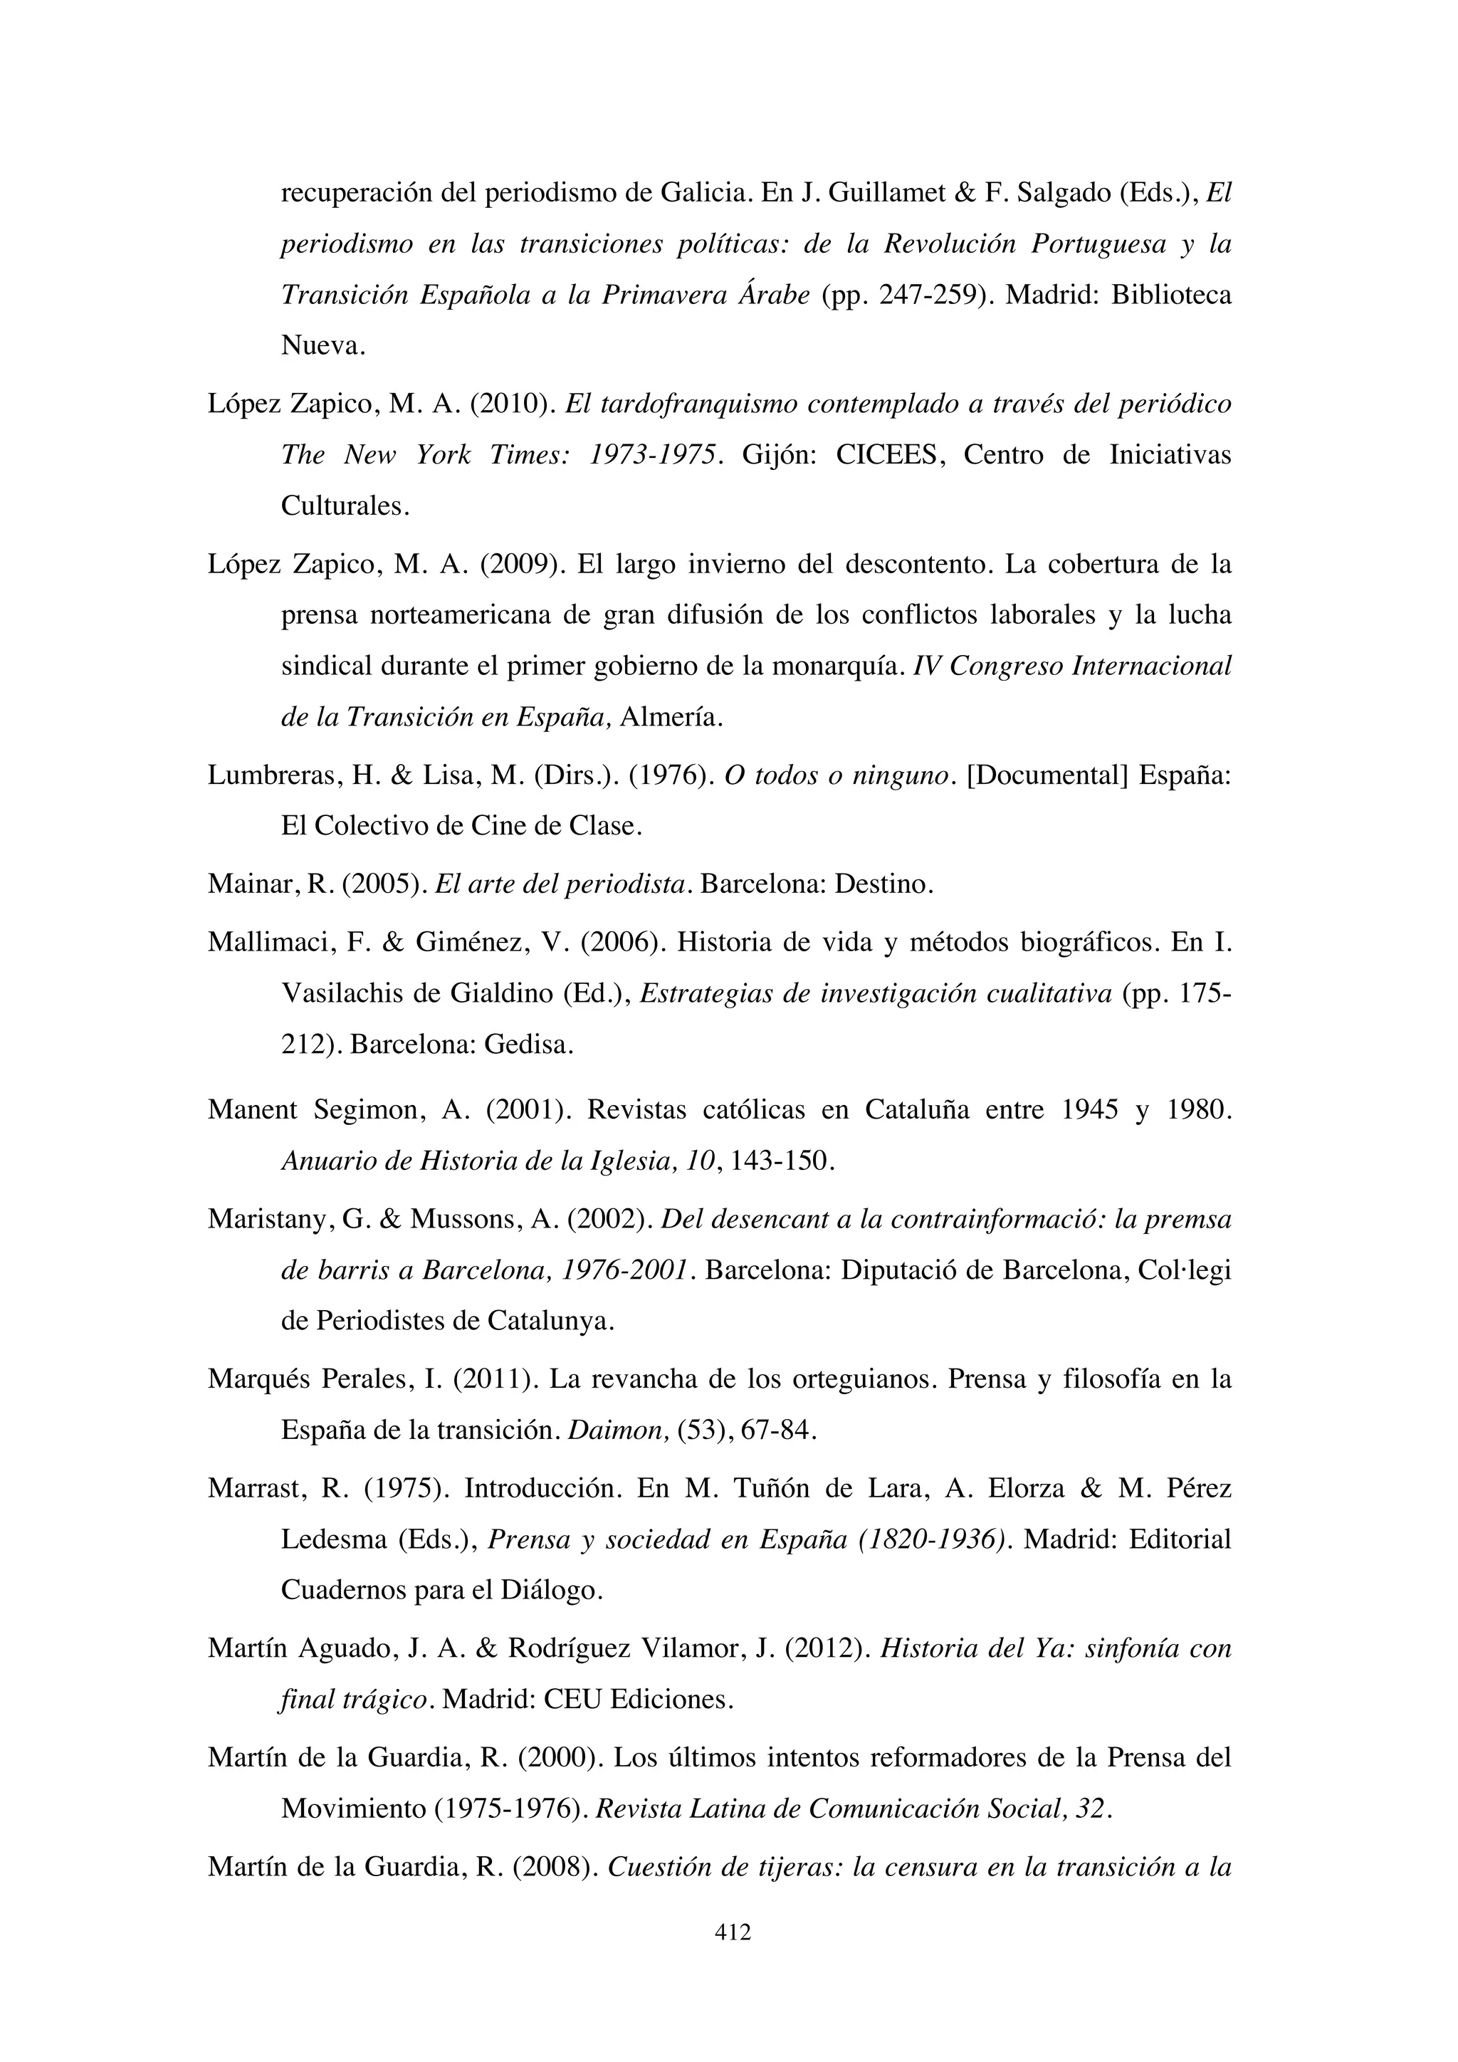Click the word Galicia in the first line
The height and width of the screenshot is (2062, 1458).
point(701,193)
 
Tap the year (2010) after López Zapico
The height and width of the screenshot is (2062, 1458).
point(510,405)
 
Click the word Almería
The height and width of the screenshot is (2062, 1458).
point(671,718)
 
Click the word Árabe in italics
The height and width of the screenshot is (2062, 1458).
point(773,295)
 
